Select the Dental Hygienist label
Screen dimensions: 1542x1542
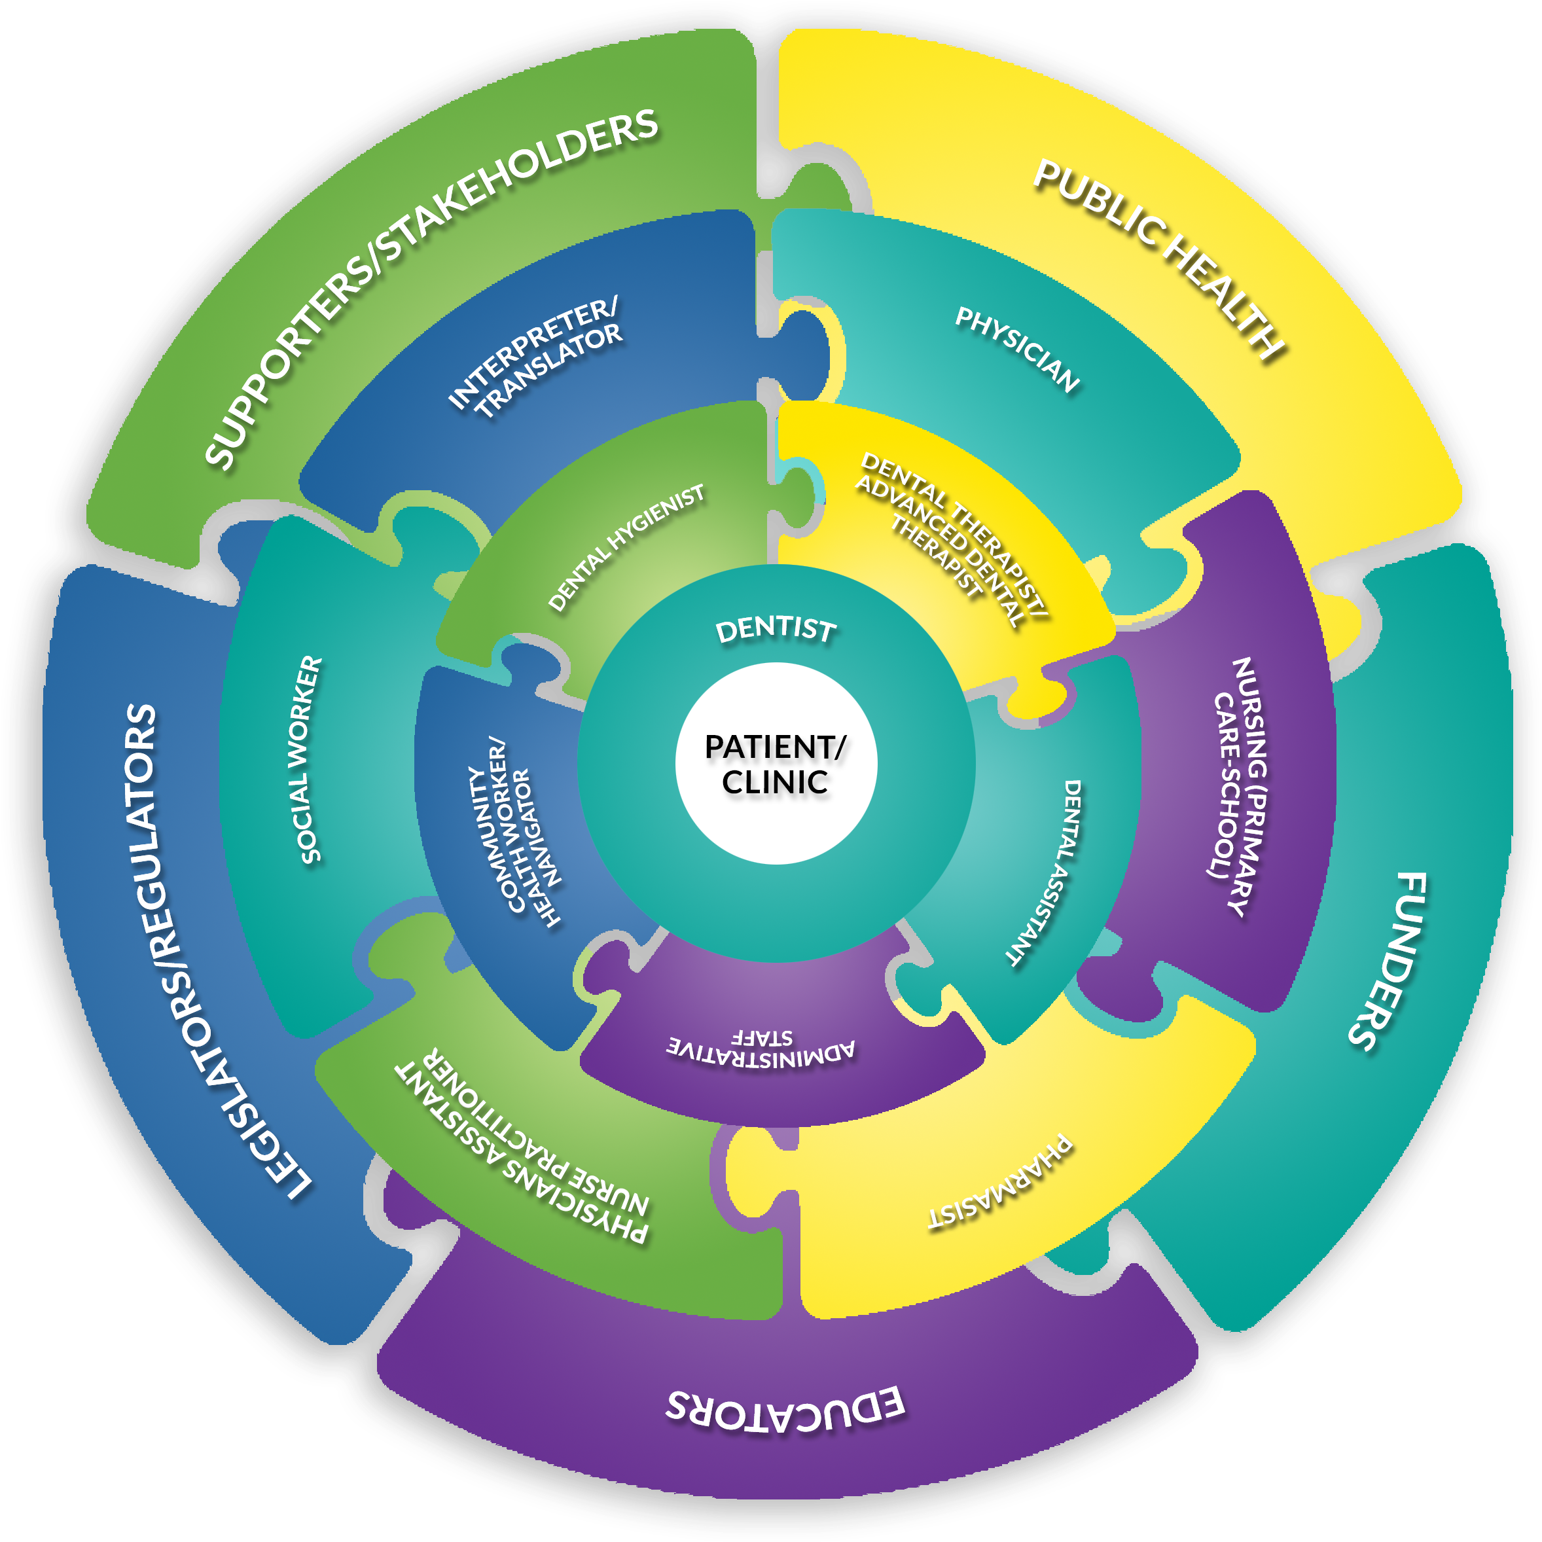(626, 548)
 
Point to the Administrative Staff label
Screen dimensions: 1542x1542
(761, 1047)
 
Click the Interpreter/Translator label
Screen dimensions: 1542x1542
(535, 357)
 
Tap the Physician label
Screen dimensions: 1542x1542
(1018, 350)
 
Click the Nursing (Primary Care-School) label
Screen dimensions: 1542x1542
(1238, 786)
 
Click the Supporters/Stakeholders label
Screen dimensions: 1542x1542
(431, 287)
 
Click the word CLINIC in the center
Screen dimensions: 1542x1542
(775, 782)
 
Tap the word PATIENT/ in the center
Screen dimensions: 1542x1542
(775, 747)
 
